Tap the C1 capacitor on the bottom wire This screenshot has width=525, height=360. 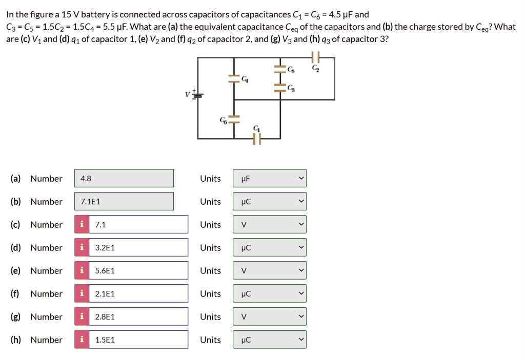coord(256,138)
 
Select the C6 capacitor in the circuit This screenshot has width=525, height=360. coord(234,119)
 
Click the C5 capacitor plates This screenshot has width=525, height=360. coord(279,69)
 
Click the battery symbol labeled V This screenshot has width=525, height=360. coord(197,95)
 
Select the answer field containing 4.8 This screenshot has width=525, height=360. coord(124,178)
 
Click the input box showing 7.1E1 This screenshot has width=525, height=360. coord(124,201)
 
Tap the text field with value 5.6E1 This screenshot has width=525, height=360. coord(137,270)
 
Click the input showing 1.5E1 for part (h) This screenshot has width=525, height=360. coord(137,340)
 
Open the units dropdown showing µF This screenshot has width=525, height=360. coord(269,178)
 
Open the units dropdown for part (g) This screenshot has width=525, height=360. coord(269,316)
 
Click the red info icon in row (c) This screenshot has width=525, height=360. coord(82,224)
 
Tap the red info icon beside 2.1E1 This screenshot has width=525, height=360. coord(82,293)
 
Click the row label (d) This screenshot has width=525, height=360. coord(15,247)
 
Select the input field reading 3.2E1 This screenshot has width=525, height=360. coord(137,247)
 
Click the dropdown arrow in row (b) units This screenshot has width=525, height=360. coord(301,201)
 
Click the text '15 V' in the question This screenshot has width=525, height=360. coord(70,14)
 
